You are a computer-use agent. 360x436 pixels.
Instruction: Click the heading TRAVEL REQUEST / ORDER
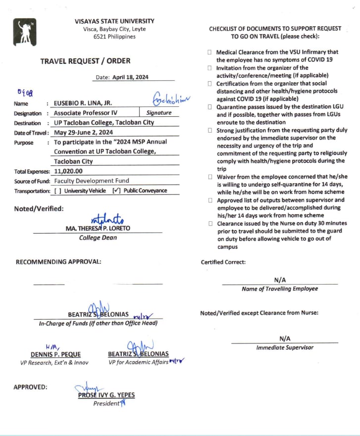point(86,61)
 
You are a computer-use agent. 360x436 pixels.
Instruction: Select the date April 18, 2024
point(130,77)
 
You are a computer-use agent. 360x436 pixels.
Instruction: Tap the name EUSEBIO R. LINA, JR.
point(83,103)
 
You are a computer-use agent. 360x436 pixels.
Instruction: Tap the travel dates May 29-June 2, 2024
point(84,133)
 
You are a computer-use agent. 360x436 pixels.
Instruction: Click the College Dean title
point(98,238)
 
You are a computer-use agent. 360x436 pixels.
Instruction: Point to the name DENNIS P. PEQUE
point(55,354)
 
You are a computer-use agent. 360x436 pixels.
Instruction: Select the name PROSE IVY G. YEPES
point(106,395)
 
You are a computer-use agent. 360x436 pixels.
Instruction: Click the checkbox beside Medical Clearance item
point(210,52)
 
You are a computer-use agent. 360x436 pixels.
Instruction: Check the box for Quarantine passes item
point(210,107)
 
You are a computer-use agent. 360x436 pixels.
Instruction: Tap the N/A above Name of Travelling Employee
point(280,280)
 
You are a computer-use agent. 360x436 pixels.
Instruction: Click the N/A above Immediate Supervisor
point(285,339)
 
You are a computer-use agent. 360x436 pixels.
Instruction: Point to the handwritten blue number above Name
point(24,92)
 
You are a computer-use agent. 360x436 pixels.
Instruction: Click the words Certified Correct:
point(223,262)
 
